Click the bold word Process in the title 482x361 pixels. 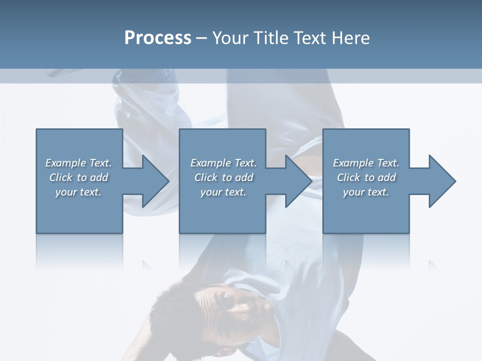[x=158, y=38]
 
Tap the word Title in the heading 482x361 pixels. [x=271, y=38]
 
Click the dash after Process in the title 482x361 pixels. [x=202, y=39]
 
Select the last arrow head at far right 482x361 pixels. [x=441, y=181]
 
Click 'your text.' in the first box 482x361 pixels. [x=78, y=192]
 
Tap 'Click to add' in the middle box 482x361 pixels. [x=223, y=177]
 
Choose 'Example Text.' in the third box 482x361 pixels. [x=366, y=163]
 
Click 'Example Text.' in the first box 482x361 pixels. [x=78, y=163]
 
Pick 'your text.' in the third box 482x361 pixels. [x=366, y=192]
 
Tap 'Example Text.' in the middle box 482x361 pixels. [x=223, y=163]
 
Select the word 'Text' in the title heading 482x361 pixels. [x=310, y=38]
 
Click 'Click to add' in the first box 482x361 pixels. [x=78, y=177]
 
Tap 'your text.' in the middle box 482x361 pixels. [x=223, y=192]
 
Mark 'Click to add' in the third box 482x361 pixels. [x=366, y=177]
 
